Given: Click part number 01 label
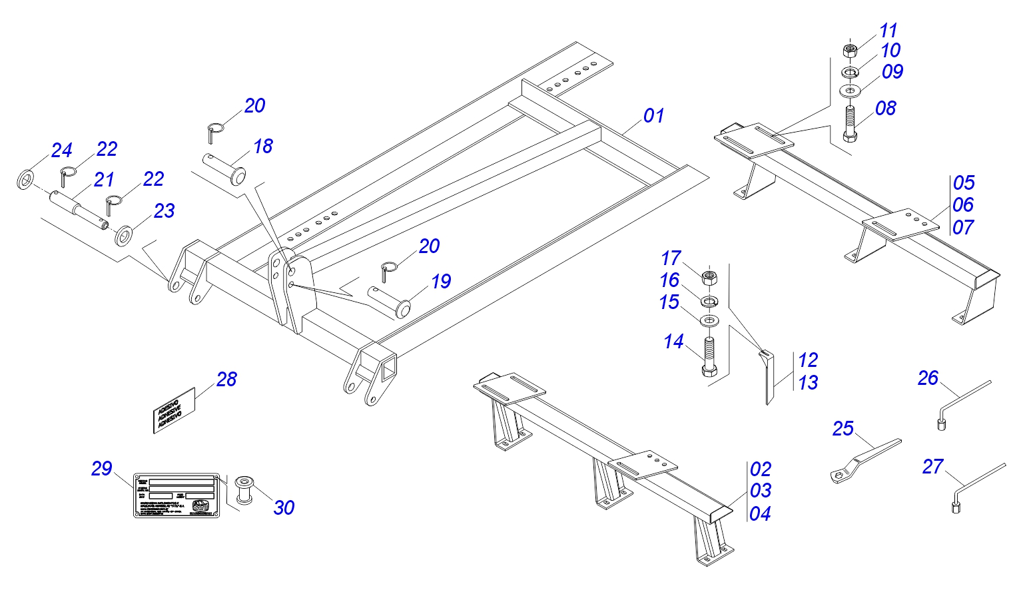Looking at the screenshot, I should click(653, 116).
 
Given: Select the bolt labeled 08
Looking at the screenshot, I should click(850, 123).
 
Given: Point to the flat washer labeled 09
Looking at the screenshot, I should click(850, 89).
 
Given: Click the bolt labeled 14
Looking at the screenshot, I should click(709, 356).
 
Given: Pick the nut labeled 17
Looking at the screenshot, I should click(710, 276).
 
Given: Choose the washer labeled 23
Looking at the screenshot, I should click(124, 235).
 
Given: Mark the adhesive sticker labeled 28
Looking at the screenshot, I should click(174, 410).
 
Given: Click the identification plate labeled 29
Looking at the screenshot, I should click(176, 495).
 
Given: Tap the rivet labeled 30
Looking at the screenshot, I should click(245, 489).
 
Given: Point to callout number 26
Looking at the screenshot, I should click(928, 378).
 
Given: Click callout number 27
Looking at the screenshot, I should click(932, 467).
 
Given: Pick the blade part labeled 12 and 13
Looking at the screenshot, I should click(769, 376).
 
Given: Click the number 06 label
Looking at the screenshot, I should click(963, 204).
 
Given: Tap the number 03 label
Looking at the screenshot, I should click(760, 491).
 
